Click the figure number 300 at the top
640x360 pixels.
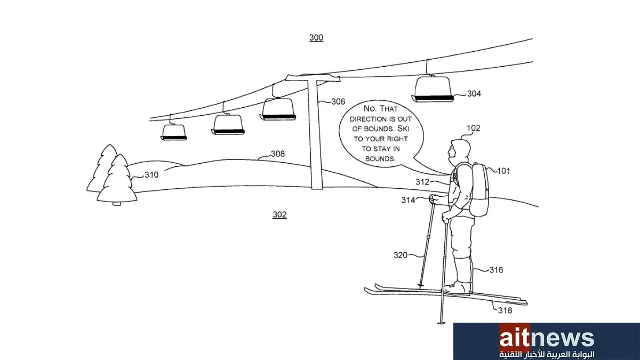[x=316, y=37]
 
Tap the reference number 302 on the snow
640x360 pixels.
[x=279, y=214]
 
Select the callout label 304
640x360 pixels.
[x=474, y=93]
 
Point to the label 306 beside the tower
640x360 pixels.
[x=338, y=101]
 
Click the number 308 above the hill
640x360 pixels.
[x=278, y=154]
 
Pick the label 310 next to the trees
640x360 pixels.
[x=151, y=174]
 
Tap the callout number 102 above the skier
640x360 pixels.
[x=474, y=128]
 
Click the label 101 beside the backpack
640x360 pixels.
[x=503, y=171]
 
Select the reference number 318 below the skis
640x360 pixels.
[x=505, y=310]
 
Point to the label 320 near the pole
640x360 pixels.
[x=401, y=255]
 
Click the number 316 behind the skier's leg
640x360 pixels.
[x=496, y=270]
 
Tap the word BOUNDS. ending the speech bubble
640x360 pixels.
[x=380, y=159]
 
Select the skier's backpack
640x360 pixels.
[x=478, y=189]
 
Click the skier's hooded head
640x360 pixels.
[x=459, y=151]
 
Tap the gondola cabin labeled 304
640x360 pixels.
[x=433, y=89]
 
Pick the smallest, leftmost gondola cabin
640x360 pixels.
[x=174, y=132]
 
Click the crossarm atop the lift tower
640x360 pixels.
[x=313, y=77]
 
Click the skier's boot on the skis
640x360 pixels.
[x=458, y=287]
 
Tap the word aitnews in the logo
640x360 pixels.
[x=547, y=339]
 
